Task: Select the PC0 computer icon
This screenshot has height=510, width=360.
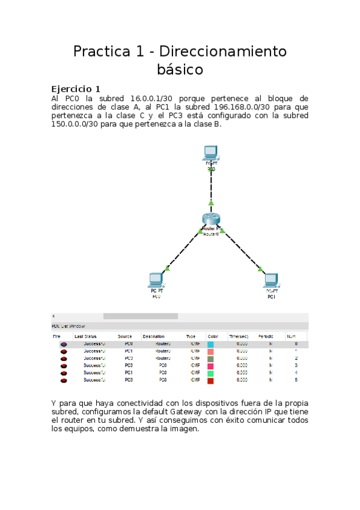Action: coord(156,280)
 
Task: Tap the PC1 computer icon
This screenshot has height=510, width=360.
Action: coord(270,281)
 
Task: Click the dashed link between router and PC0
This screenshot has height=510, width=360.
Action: coord(183,250)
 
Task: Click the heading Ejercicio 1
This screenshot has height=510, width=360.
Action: coord(76,89)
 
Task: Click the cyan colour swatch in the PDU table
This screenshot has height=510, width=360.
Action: coord(210,344)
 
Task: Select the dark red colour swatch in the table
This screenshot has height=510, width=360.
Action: coord(210,380)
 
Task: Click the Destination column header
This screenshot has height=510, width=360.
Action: coord(154,336)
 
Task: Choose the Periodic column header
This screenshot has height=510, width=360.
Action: coord(266,336)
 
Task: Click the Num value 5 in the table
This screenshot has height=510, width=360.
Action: coord(296,380)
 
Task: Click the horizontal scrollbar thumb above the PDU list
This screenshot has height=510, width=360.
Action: coord(141,316)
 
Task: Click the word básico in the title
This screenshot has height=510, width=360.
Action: coord(180,70)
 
